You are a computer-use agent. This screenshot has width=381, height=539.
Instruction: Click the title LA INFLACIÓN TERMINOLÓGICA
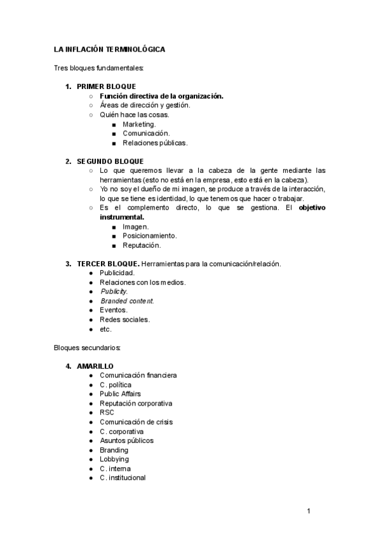109,49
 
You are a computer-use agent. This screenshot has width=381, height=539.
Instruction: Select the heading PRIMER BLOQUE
106,86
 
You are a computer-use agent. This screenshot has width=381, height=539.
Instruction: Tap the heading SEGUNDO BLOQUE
110,161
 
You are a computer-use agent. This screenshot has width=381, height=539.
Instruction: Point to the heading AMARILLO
95,366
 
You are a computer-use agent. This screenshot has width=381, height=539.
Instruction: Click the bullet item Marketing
139,124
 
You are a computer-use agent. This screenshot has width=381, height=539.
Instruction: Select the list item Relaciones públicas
155,143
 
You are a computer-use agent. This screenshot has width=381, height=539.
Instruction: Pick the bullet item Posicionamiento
150,236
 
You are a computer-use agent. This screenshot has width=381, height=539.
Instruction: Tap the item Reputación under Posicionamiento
142,245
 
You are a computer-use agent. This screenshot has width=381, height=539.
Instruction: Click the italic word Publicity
114,292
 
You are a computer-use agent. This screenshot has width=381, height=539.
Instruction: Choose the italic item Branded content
127,301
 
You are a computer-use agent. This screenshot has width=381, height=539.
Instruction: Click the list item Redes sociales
124,320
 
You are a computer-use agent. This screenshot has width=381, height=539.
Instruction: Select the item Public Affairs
120,394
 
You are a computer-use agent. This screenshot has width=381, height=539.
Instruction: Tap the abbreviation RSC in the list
107,413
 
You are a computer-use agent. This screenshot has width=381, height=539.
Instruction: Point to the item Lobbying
114,459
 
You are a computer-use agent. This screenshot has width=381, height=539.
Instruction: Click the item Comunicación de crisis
136,422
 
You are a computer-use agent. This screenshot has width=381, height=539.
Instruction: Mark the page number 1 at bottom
308,511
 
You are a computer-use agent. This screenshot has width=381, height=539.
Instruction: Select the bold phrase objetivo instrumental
312,208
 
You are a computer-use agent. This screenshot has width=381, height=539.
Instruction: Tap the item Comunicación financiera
138,376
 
